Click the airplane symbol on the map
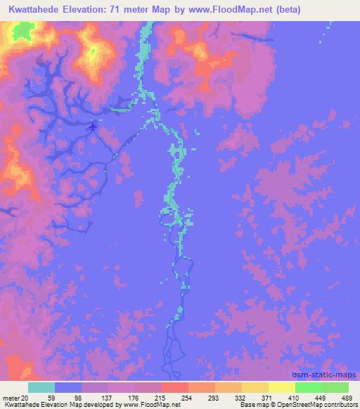pos(94,126)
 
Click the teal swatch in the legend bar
pos(41,387)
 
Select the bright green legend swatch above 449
pos(309,387)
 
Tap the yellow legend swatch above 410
pos(281,387)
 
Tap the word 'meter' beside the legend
pos(11,397)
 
